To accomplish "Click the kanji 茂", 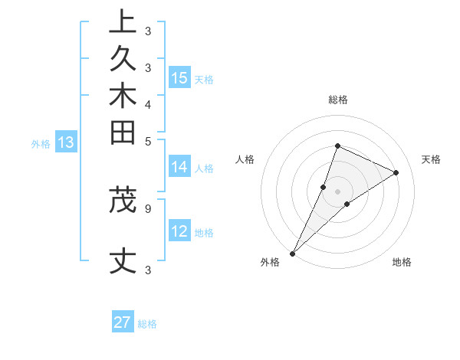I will coord(123,199).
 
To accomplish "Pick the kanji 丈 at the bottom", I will coord(123,262).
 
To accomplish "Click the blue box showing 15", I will coord(179,77).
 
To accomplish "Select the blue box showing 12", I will coord(179,232).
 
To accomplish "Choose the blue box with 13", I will coord(66,142).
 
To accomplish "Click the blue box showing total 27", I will coord(123,322).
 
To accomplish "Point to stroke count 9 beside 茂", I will coord(147,207).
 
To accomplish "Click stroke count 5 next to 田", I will coord(147,140).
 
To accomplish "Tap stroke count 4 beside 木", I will coord(147,103).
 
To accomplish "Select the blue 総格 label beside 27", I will coord(147,324).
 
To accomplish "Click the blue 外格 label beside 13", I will coord(41,143).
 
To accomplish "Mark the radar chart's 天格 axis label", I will coord(431,159).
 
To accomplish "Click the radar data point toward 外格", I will coord(293,253).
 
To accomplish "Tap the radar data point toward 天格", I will coord(396,172).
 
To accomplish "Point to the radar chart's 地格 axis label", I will coord(402,263).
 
